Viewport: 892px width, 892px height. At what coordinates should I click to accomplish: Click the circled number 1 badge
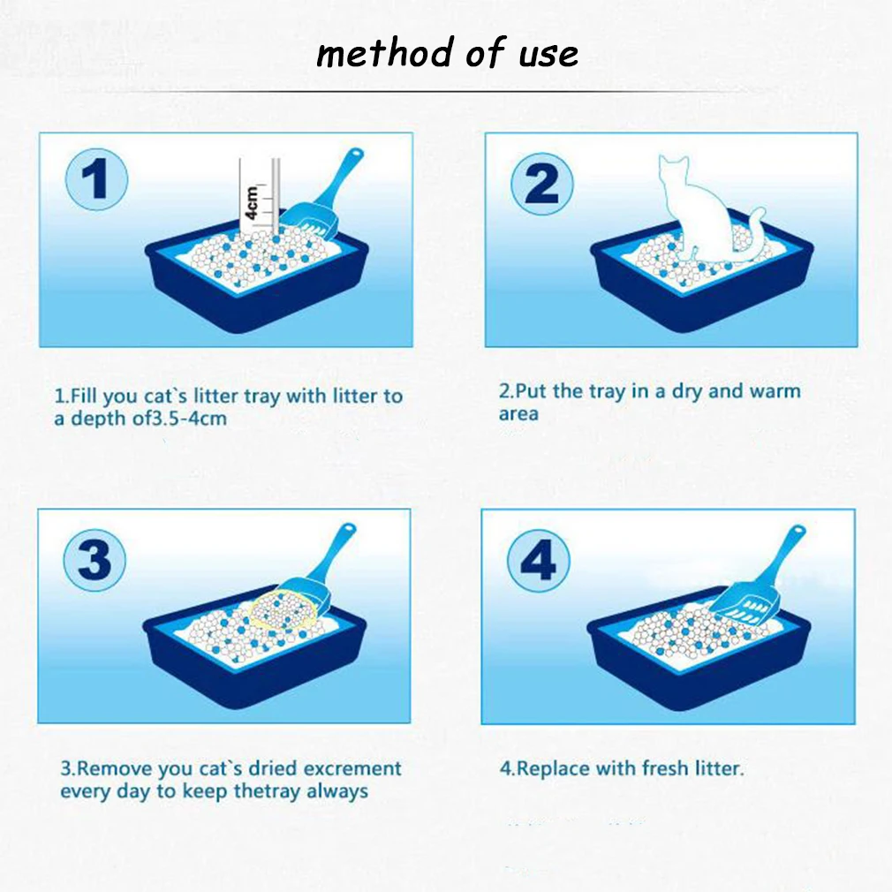97,178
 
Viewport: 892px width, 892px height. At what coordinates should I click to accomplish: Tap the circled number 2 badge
542,184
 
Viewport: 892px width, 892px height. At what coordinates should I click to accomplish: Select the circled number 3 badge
94,560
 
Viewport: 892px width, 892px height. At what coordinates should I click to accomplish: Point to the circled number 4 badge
538,560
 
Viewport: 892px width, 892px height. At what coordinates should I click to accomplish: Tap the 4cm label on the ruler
252,202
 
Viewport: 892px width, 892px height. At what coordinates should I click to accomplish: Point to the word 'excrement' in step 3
352,768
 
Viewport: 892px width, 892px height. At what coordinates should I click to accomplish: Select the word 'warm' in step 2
775,391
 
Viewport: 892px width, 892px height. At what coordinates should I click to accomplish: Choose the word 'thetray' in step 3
267,792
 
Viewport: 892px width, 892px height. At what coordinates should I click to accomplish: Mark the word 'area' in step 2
518,414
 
